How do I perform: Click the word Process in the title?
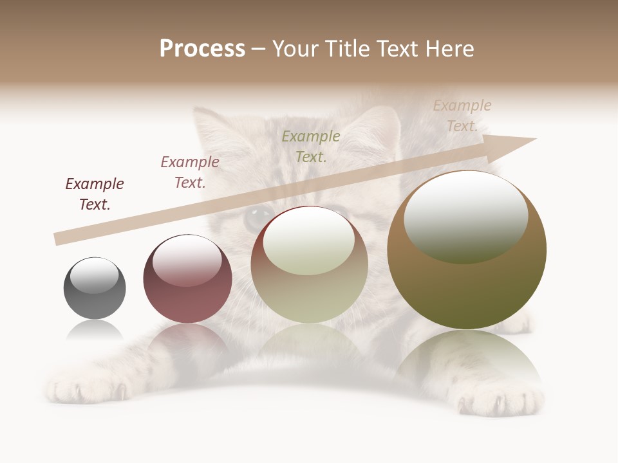click(x=202, y=49)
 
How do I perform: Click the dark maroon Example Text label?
click(x=95, y=194)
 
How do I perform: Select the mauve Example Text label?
click(x=190, y=172)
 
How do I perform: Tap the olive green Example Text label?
click(x=311, y=146)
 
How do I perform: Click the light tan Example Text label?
click(x=462, y=116)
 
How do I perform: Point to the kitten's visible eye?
click(x=257, y=216)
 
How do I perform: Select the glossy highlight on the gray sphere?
click(x=95, y=275)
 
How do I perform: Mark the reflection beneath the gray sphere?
click(x=95, y=331)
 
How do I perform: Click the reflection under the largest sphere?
click(x=467, y=360)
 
